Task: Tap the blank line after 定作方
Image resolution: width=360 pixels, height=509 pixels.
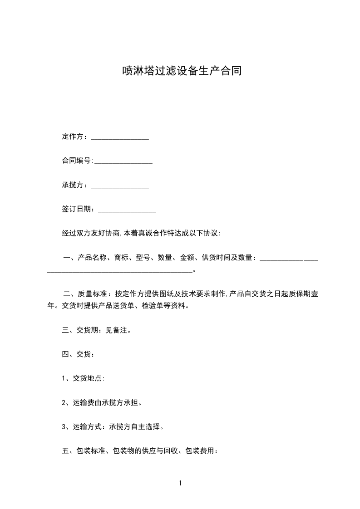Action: tap(120, 138)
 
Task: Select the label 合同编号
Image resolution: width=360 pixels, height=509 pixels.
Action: tap(76, 161)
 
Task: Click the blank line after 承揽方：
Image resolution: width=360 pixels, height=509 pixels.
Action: tap(120, 186)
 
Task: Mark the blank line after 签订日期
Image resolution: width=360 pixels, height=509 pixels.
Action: tap(127, 210)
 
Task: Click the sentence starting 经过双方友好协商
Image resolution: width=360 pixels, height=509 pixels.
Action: tap(141, 233)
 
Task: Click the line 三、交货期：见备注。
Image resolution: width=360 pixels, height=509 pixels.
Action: tap(97, 330)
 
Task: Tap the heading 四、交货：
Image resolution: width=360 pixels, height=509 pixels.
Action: tap(78, 354)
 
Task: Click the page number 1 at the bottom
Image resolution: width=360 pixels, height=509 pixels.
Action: tap(180, 483)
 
